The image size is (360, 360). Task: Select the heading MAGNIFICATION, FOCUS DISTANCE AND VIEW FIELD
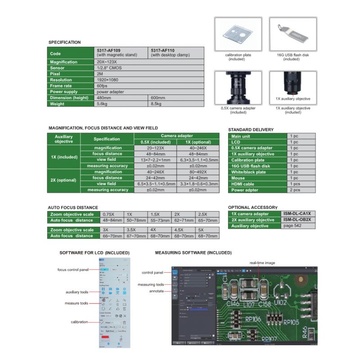click(x=103, y=128)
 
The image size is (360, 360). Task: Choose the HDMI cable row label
click(x=243, y=184)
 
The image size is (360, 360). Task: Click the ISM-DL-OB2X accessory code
click(x=298, y=220)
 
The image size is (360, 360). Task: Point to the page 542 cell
click(x=292, y=225)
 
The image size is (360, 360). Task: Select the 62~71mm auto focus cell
click(x=183, y=220)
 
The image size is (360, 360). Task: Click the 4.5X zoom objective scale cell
click(x=183, y=229)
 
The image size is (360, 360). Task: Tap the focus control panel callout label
click(x=72, y=270)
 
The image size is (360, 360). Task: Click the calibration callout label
click(x=79, y=322)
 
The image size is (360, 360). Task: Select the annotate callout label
click(x=157, y=291)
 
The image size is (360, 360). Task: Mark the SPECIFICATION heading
click(x=64, y=42)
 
